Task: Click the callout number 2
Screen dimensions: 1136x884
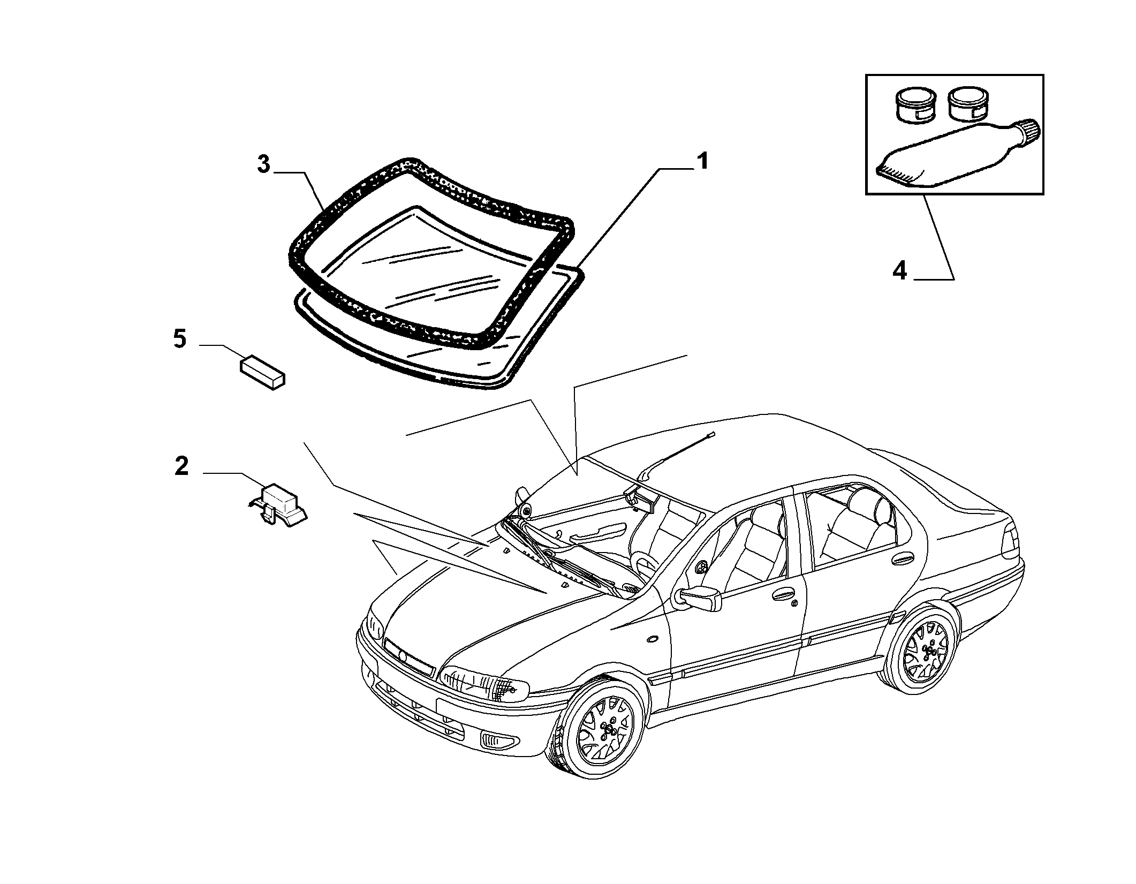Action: point(181,466)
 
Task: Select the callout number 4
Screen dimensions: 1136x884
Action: point(900,271)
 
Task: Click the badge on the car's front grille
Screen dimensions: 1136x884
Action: point(403,655)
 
